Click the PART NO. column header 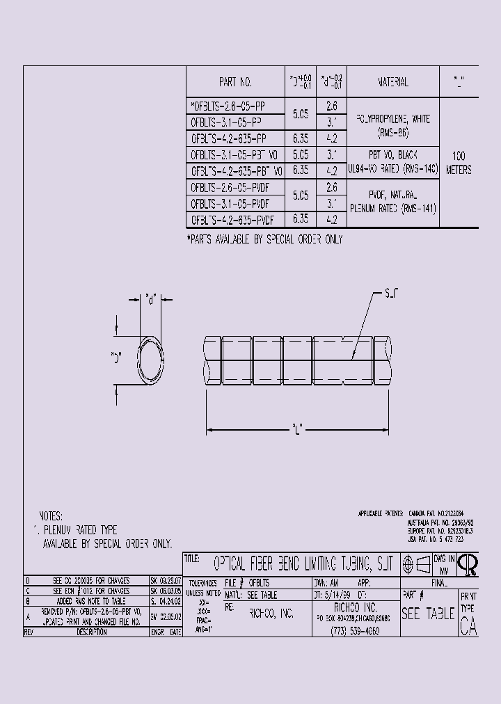pyautogui.click(x=235, y=82)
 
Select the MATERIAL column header pyautogui.click(x=393, y=82)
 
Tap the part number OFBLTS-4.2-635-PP pyautogui.click(x=228, y=138)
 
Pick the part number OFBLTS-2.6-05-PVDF pyautogui.click(x=230, y=188)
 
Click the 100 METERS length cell pyautogui.click(x=459, y=163)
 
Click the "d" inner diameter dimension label pyautogui.click(x=150, y=300)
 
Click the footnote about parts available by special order pyautogui.click(x=264, y=239)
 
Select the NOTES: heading pyautogui.click(x=51, y=516)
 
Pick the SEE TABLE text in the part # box pyautogui.click(x=427, y=614)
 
